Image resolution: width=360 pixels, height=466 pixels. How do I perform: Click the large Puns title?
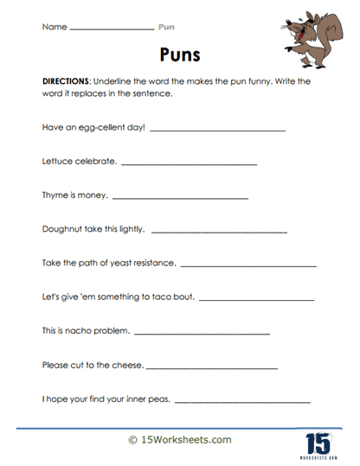[180, 55]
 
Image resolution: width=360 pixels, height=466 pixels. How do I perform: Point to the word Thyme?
[55, 195]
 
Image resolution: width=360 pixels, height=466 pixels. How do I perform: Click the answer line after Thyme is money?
[181, 198]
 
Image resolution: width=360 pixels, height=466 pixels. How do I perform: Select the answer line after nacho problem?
[202, 333]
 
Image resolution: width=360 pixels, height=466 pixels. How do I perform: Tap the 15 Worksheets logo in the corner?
[319, 442]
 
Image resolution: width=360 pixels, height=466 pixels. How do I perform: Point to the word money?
[94, 195]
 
